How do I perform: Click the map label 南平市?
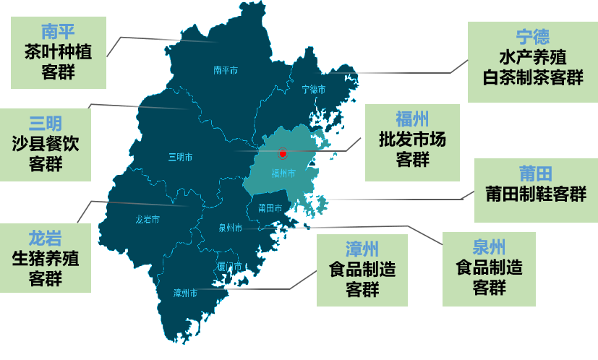coord(226,70)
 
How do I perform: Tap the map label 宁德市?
coord(313,90)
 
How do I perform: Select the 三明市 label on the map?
coord(180,157)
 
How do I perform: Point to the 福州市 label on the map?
coord(283,173)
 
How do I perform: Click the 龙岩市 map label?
coord(148,219)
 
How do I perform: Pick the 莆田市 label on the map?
coord(269,208)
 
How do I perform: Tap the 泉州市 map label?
coord(230,228)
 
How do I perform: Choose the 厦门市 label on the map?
coord(229,266)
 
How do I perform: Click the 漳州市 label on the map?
coord(186,293)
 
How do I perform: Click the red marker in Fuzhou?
coord(283,154)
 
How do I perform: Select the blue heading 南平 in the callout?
coord(59,31)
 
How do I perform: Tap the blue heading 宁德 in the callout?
coord(532,36)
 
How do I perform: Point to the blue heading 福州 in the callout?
coord(412,119)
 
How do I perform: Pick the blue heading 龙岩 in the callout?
coord(46,237)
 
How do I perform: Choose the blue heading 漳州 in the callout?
coord(362,250)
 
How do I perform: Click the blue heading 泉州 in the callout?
coord(489,247)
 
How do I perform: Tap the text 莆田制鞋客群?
coord(536,194)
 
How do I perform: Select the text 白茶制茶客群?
coord(532,77)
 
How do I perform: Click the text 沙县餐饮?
coord(46,143)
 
